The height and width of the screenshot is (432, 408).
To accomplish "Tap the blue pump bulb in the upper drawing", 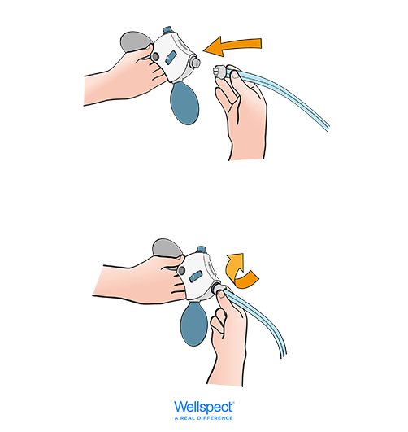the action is coord(184,103).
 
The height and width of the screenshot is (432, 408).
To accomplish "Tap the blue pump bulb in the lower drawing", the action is coord(193,325).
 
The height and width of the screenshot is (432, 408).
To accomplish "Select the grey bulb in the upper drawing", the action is coord(134,41).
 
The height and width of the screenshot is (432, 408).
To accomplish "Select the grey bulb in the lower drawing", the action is coord(167,247).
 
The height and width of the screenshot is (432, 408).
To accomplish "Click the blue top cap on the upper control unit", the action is coord(167,30).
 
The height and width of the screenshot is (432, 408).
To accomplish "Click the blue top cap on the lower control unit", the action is coord(202,249).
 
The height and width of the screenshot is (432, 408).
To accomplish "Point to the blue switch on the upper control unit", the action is coord(171,57).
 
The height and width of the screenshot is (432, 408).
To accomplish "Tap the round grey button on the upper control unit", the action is coord(155,57).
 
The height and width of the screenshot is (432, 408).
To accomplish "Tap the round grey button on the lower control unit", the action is coord(181,271).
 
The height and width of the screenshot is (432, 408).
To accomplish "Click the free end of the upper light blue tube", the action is coord(328,127).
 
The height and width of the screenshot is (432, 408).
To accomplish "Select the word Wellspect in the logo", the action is coord(204,408).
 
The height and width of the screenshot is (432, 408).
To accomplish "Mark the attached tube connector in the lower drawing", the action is coord(219,290).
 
